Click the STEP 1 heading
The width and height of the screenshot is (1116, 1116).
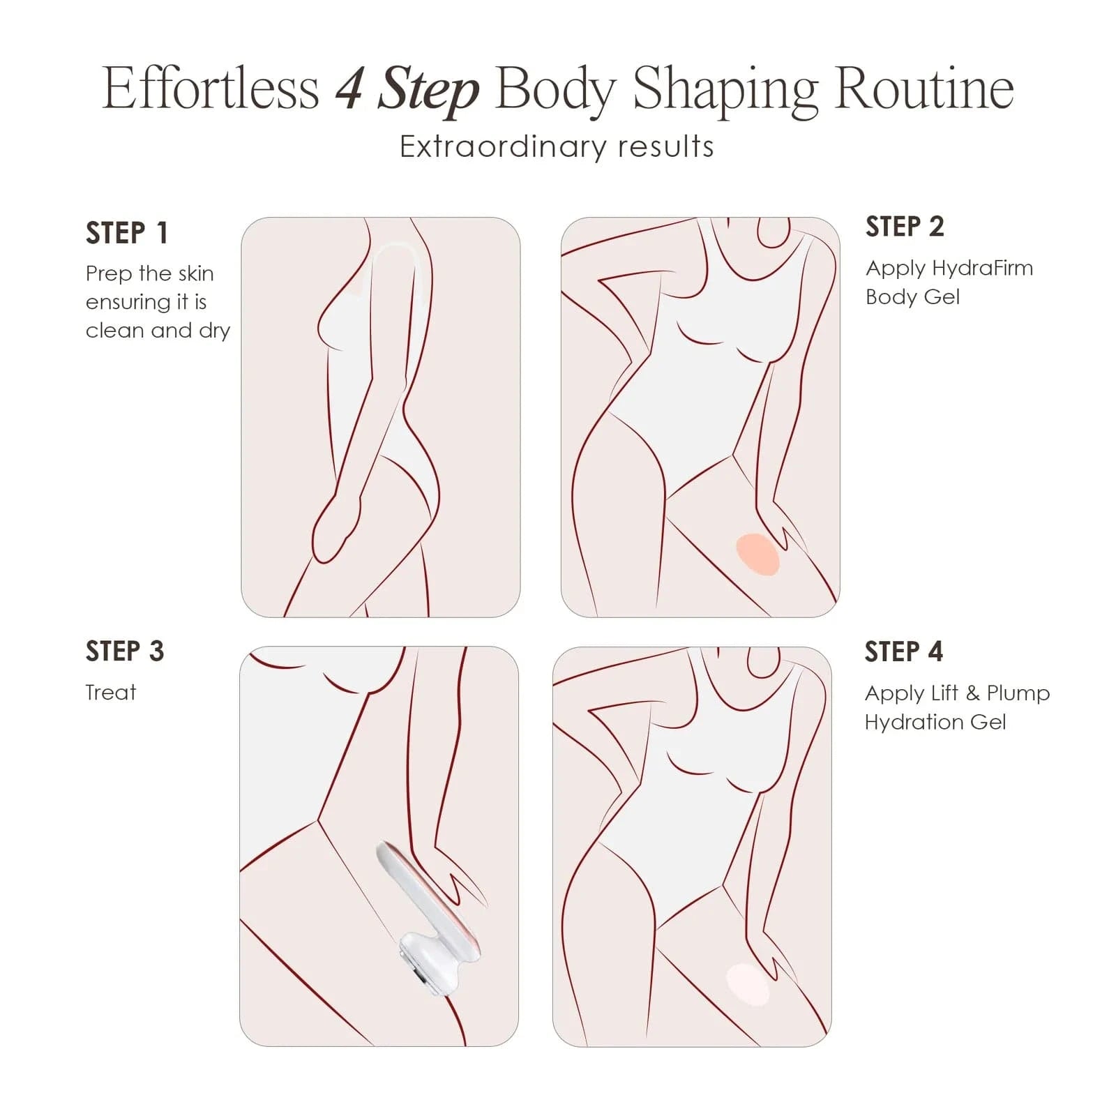coord(126,233)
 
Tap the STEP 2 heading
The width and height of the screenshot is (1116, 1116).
coord(905,227)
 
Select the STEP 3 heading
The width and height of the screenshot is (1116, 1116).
coord(125,651)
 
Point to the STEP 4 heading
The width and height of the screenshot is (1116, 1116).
coord(904,651)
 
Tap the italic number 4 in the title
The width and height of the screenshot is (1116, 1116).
coord(349,89)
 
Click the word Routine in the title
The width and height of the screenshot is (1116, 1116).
coord(924,89)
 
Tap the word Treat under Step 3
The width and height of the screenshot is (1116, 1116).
coord(111,693)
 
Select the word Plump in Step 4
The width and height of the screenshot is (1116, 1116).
coord(1018,693)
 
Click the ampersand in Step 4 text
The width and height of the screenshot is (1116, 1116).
coord(972,693)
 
